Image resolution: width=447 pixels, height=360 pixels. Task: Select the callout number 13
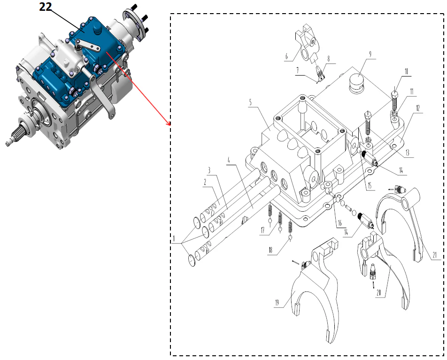pos(407,153)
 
